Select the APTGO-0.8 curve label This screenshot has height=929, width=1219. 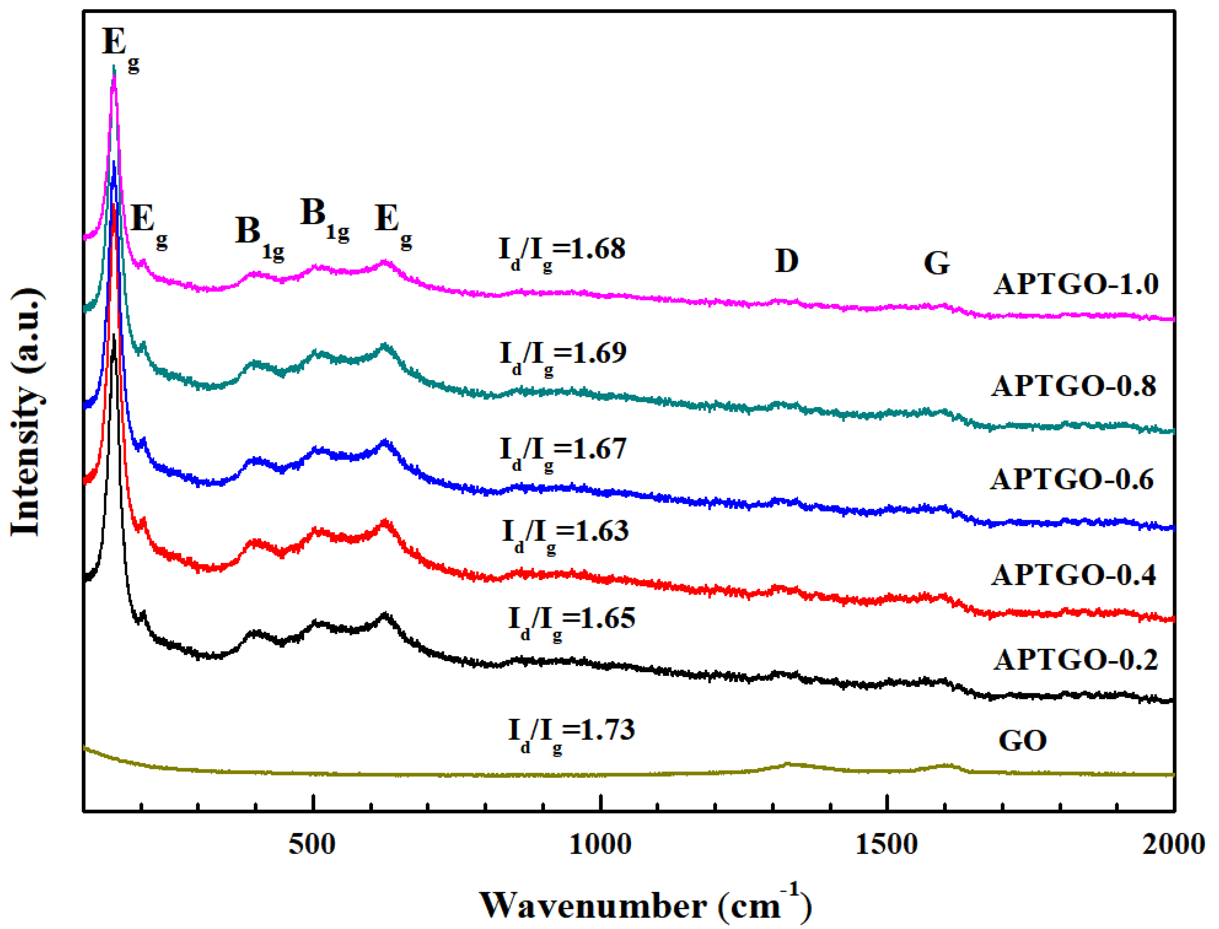(1073, 386)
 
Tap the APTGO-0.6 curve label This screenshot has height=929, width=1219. (1072, 479)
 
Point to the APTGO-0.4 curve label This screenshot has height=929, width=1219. (1073, 575)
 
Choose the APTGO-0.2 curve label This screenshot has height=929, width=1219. (1075, 660)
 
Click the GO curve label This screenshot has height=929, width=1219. (1022, 741)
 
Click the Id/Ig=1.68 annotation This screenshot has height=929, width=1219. (562, 252)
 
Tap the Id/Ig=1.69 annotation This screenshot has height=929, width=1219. (563, 356)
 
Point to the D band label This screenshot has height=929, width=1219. (786, 261)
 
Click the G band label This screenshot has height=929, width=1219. (936, 263)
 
